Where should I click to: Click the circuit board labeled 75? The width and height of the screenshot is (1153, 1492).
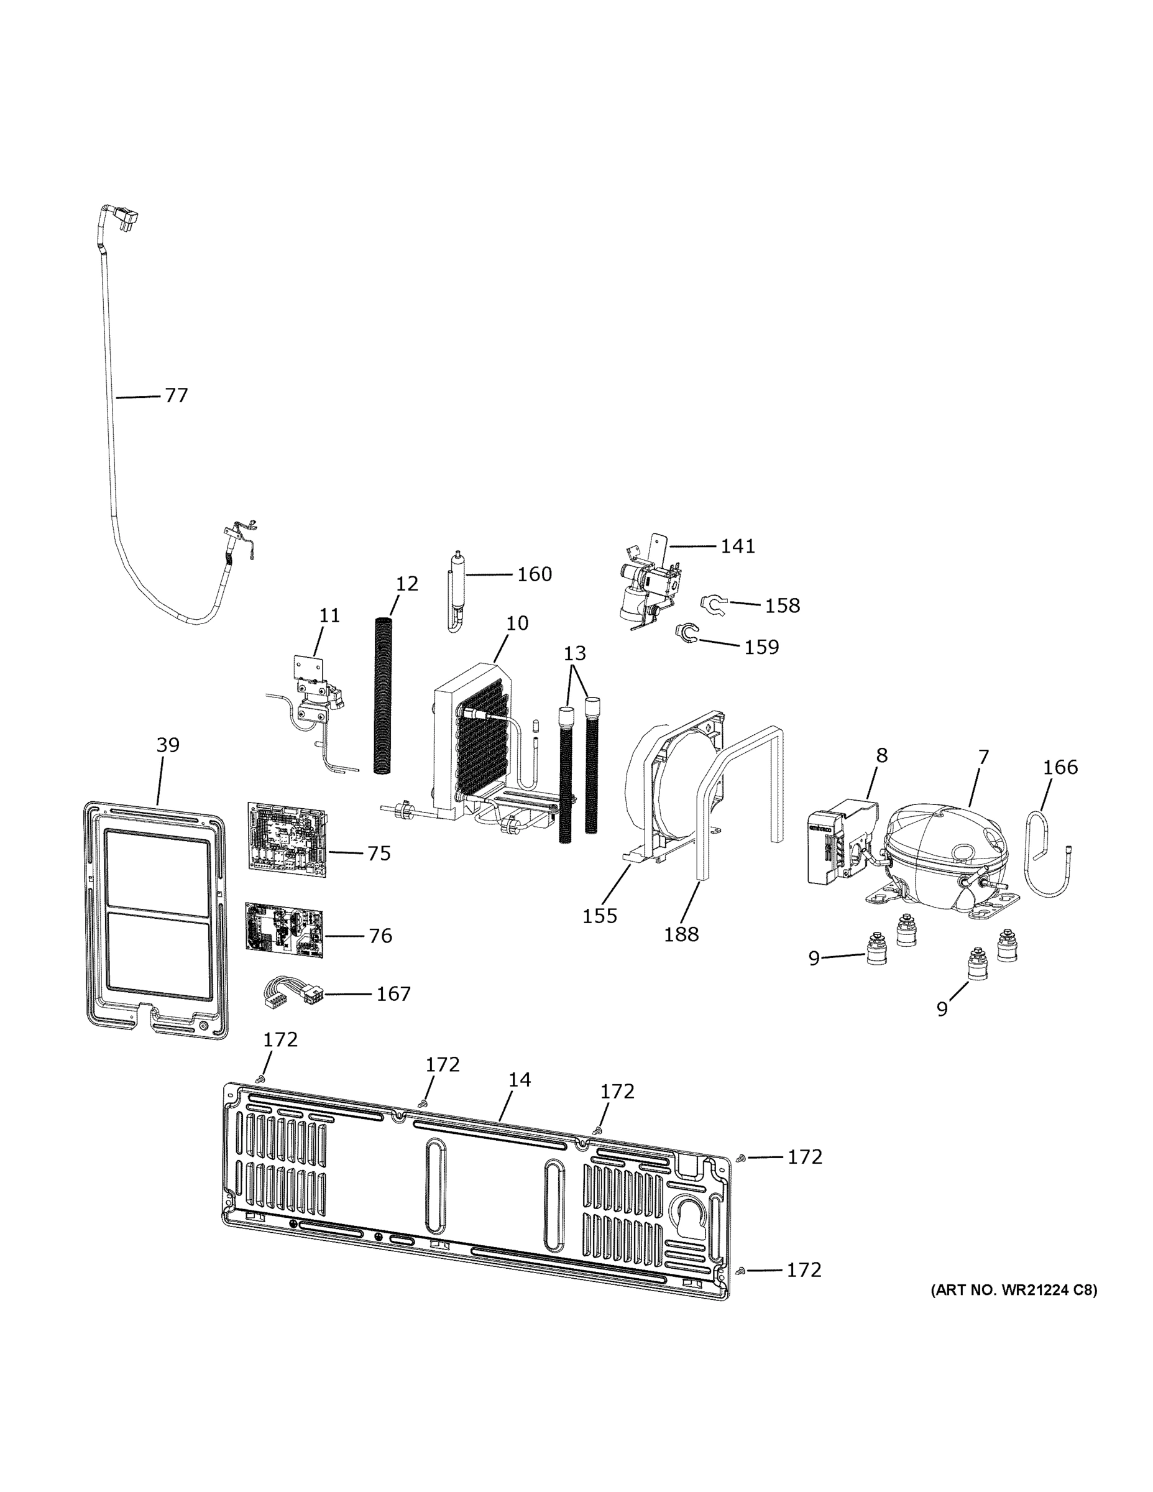pyautogui.click(x=287, y=839)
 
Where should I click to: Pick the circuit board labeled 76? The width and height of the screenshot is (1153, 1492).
pyautogui.click(x=283, y=928)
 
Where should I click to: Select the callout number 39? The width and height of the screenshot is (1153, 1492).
pyautogui.click(x=168, y=745)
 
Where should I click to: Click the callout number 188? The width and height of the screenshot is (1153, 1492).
pyautogui.click(x=681, y=934)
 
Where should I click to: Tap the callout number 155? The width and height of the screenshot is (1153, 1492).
pyautogui.click(x=599, y=916)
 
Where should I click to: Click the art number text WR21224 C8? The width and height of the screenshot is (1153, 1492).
pyautogui.click(x=1014, y=1291)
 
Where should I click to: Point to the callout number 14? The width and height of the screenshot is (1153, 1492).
pyautogui.click(x=519, y=1080)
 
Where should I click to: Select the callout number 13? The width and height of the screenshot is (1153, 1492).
pyautogui.click(x=574, y=653)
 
